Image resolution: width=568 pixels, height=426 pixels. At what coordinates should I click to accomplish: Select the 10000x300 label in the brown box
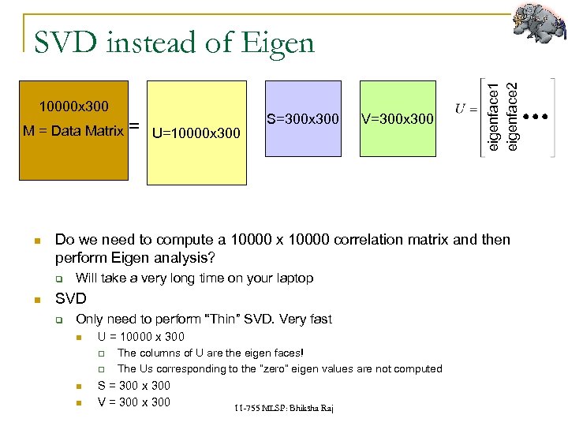(x=74, y=106)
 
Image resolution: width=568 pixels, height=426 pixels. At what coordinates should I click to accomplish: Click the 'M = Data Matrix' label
(x=73, y=131)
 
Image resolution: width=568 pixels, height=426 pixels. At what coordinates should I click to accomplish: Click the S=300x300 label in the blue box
(x=302, y=119)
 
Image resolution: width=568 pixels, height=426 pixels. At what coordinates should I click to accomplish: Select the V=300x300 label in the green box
(x=397, y=119)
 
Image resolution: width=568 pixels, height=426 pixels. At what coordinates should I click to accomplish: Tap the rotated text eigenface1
(x=494, y=110)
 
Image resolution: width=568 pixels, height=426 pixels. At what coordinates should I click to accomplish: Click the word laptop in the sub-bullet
(x=293, y=278)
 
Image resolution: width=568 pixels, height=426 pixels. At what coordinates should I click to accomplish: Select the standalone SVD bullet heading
(x=70, y=299)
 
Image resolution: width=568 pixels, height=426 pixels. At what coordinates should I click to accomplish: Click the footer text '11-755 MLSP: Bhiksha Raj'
(x=283, y=407)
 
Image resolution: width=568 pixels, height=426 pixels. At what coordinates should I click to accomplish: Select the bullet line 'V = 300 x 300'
(x=133, y=402)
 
